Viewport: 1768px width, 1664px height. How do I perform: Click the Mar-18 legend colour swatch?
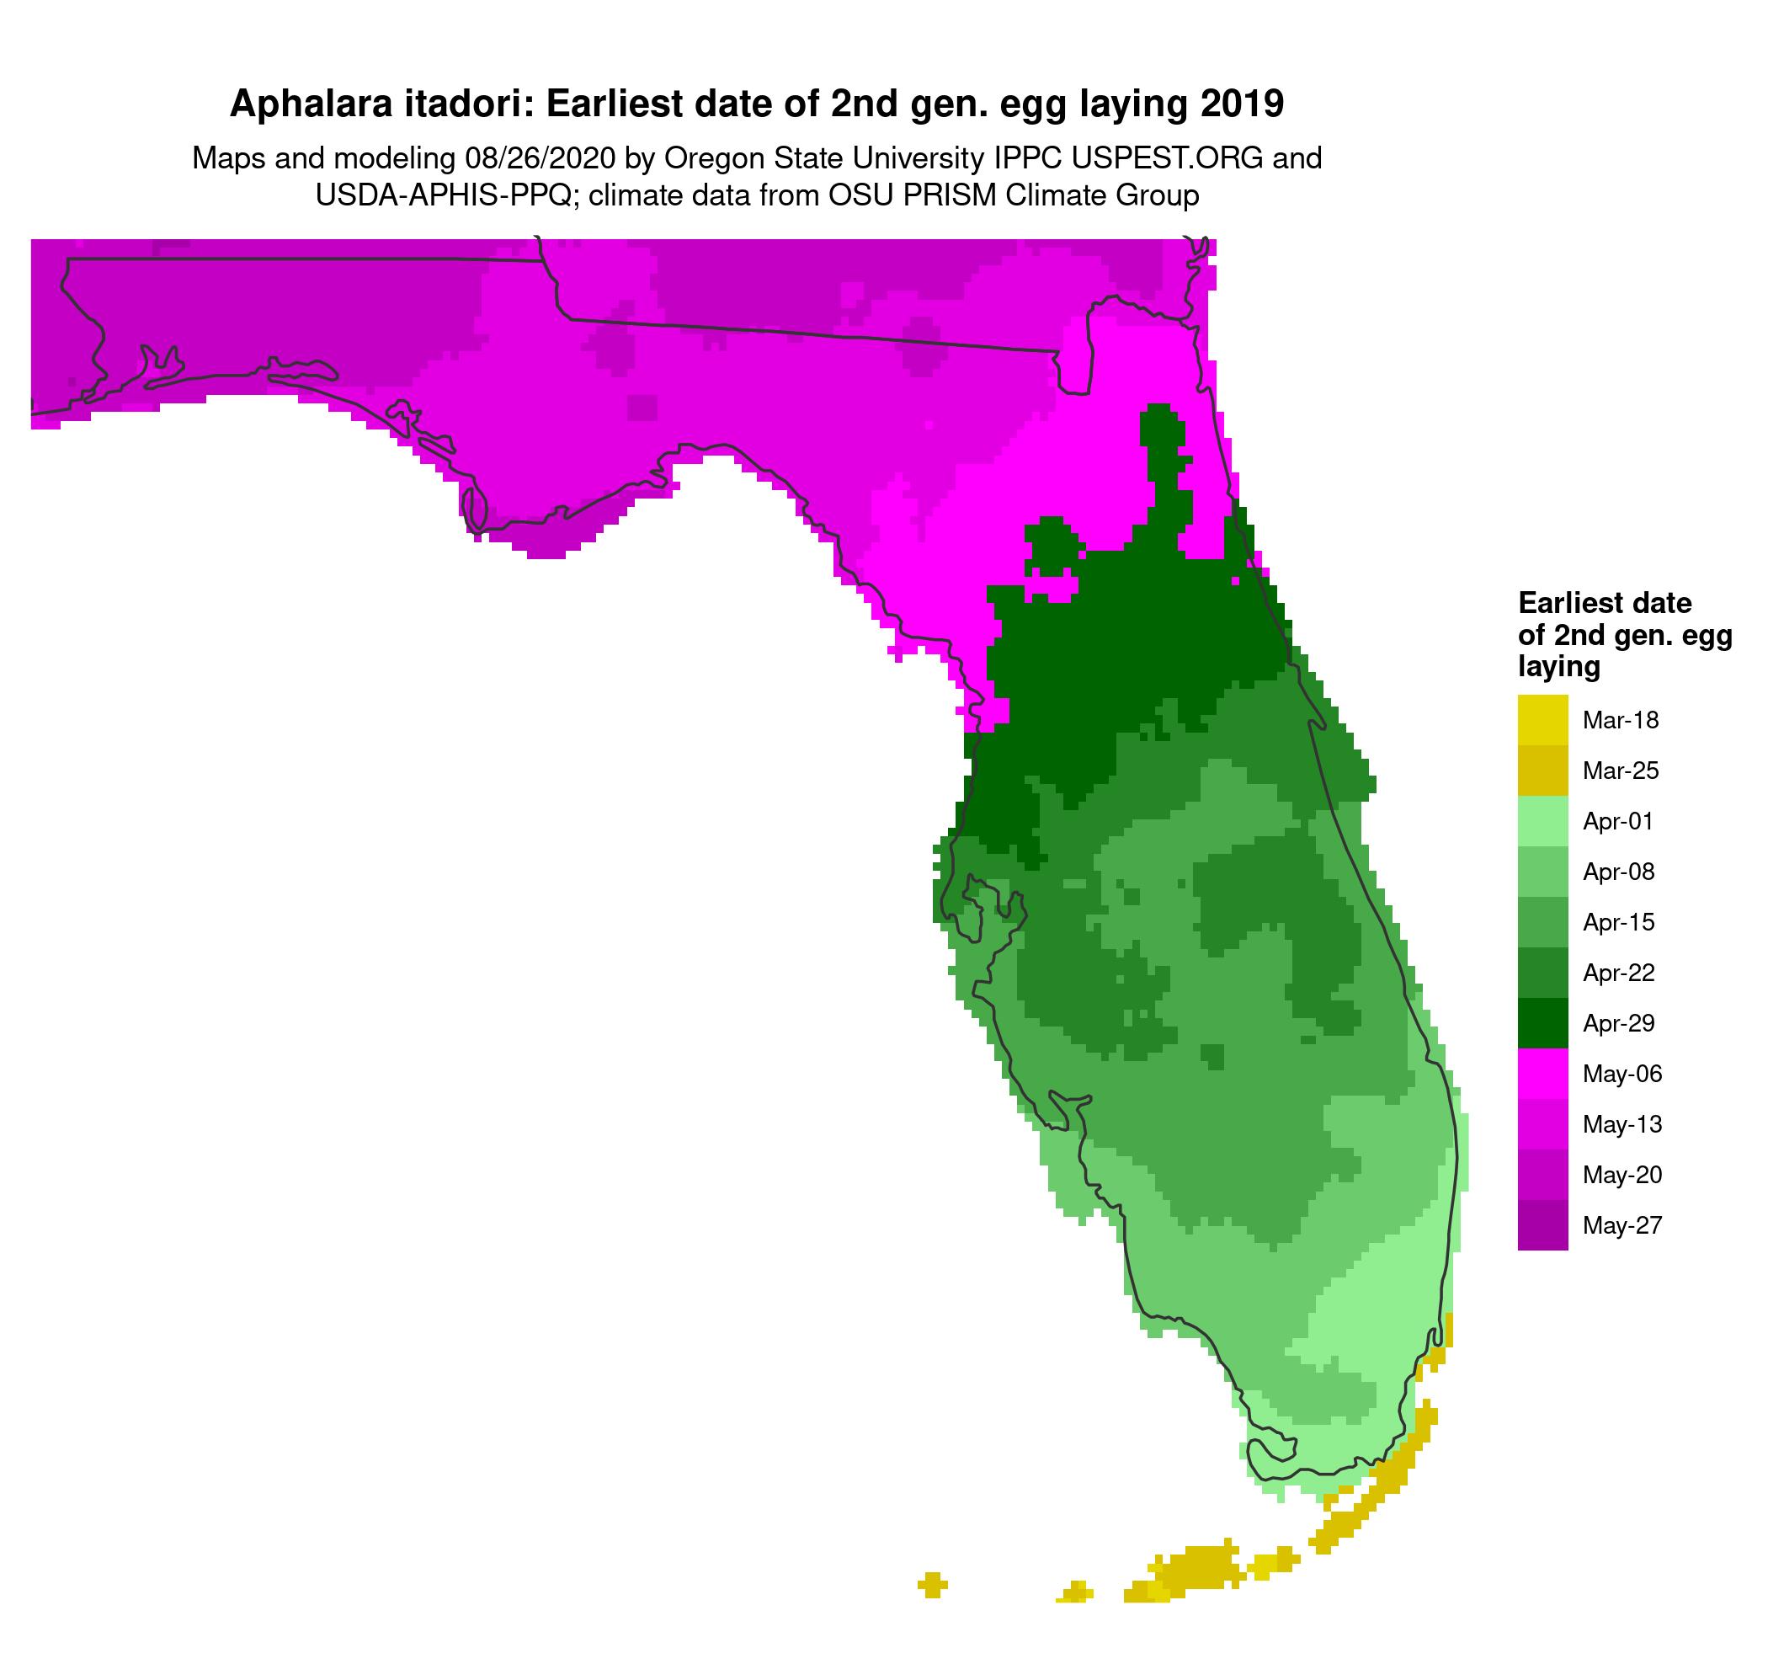tap(1542, 719)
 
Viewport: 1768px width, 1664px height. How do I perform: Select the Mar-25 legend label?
tap(1621, 771)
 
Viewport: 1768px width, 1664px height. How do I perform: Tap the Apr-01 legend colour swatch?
tap(1542, 821)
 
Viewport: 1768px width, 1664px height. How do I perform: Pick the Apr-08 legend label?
tap(1619, 872)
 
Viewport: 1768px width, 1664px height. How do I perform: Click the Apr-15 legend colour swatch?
tap(1542, 922)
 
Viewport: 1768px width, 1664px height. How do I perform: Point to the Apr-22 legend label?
tap(1619, 973)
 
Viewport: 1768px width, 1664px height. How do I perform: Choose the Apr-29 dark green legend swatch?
tap(1542, 1023)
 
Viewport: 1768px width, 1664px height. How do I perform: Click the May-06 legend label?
tap(1622, 1074)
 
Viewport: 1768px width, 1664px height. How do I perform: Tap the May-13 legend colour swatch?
tap(1542, 1124)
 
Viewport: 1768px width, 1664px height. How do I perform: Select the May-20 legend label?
tap(1622, 1175)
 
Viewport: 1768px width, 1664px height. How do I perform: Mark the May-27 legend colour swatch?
tap(1542, 1225)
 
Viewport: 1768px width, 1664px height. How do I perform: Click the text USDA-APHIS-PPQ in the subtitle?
tap(443, 195)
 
